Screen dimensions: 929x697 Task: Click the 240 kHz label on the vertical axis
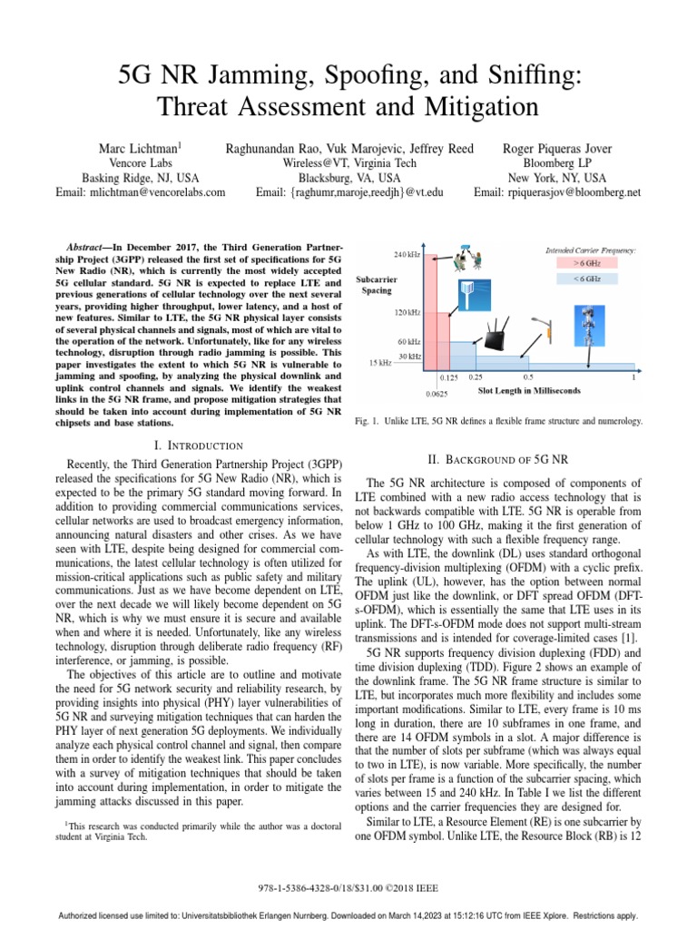pyautogui.click(x=406, y=254)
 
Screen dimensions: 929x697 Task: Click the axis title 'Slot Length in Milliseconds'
pyautogui.click(x=530, y=391)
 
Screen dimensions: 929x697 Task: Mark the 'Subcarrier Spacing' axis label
pyautogui.click(x=374, y=286)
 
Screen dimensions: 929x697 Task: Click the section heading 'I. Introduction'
pyautogui.click(x=199, y=445)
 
